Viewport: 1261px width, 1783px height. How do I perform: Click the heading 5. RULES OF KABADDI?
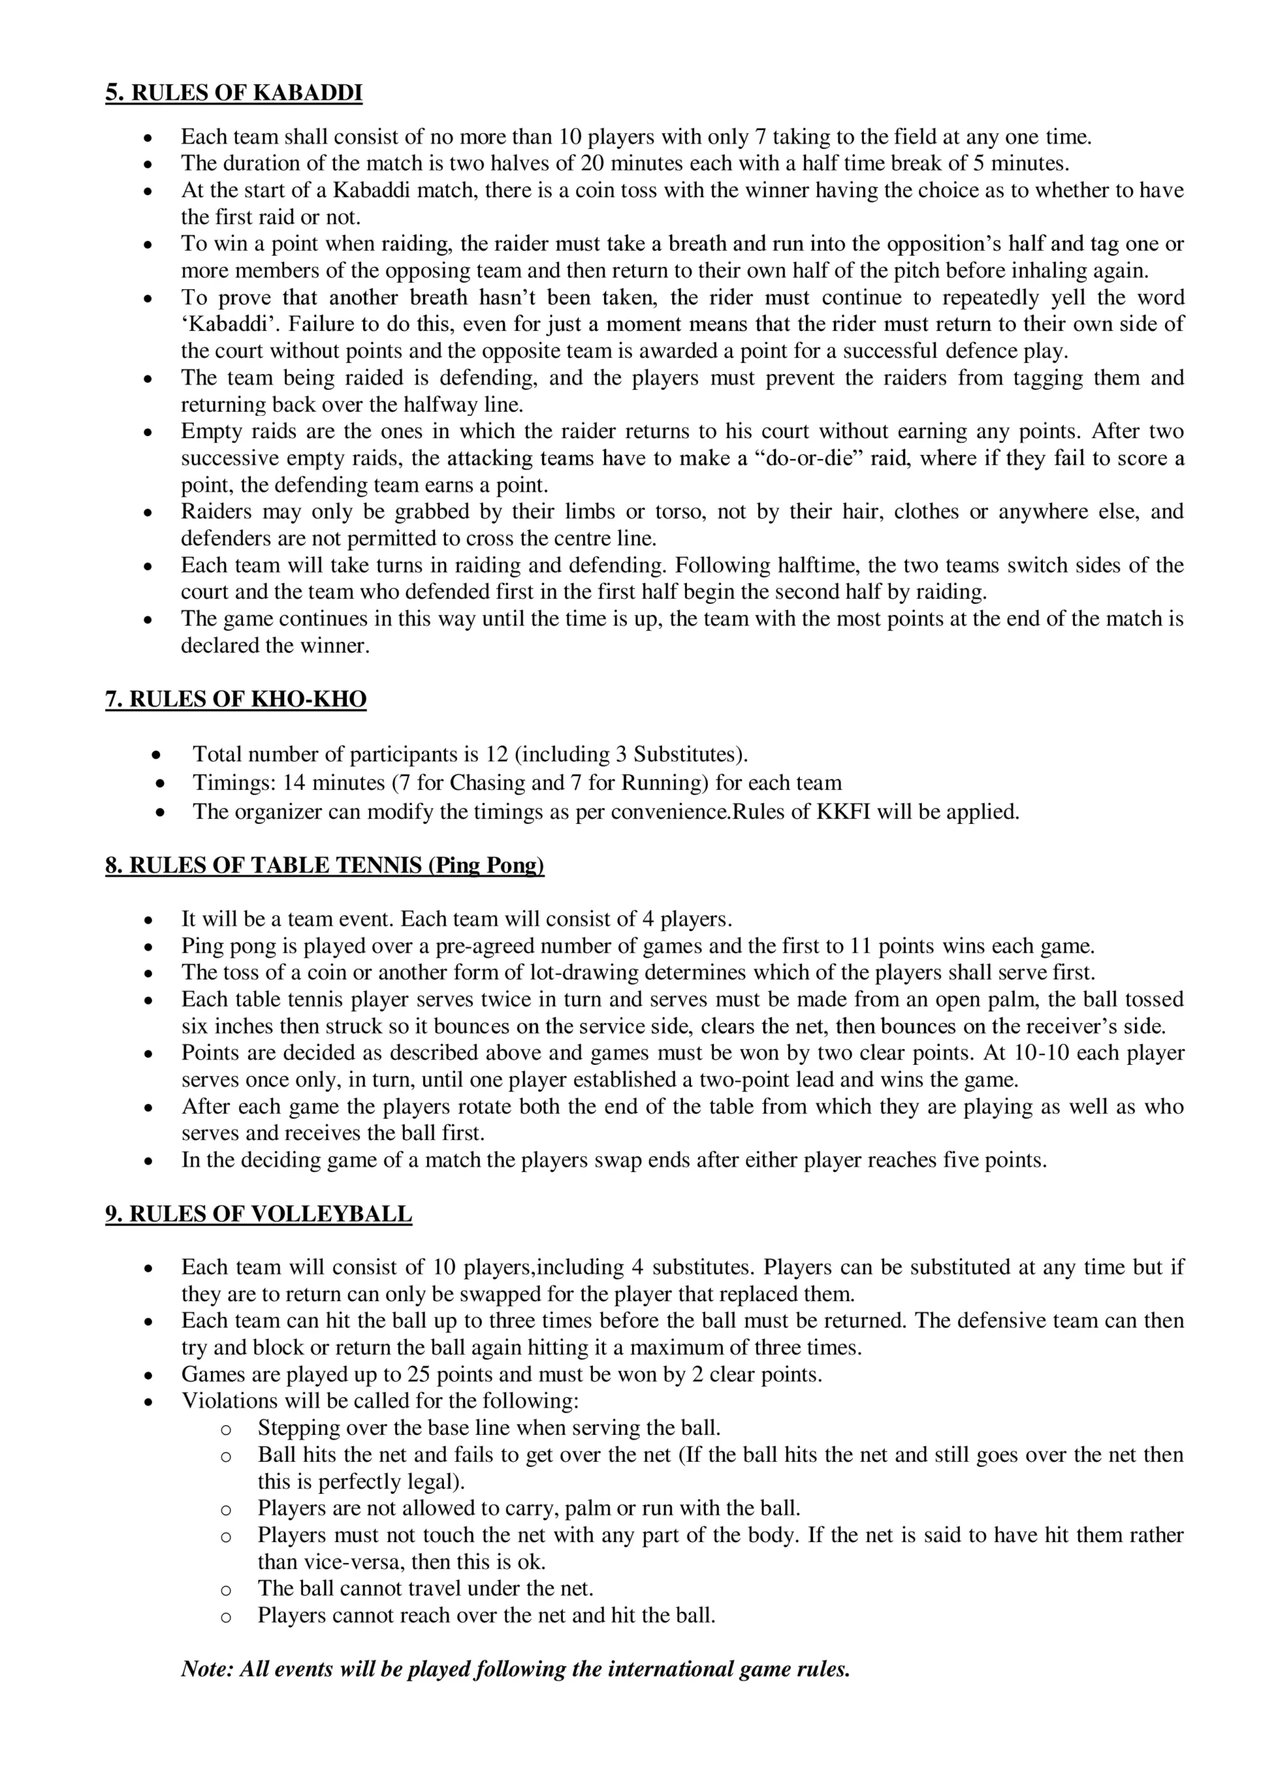[x=234, y=93]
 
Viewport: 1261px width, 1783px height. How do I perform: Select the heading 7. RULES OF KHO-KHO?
[x=235, y=700]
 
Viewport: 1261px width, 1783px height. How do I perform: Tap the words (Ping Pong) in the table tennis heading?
[x=486, y=865]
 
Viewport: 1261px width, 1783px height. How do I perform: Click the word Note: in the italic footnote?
[x=208, y=1669]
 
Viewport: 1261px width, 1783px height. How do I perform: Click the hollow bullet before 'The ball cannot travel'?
[x=226, y=1589]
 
